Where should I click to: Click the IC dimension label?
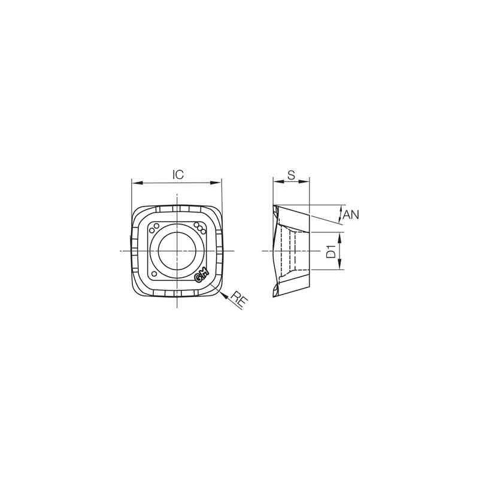[178, 174]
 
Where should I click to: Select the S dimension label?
[290, 174]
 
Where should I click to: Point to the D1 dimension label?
[331, 251]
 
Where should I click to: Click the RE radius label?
[239, 300]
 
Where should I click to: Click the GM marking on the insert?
[201, 275]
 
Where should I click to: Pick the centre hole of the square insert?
[177, 250]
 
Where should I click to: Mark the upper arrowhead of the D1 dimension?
[340, 235]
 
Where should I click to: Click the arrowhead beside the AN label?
[340, 210]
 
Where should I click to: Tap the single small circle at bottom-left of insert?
[155, 273]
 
